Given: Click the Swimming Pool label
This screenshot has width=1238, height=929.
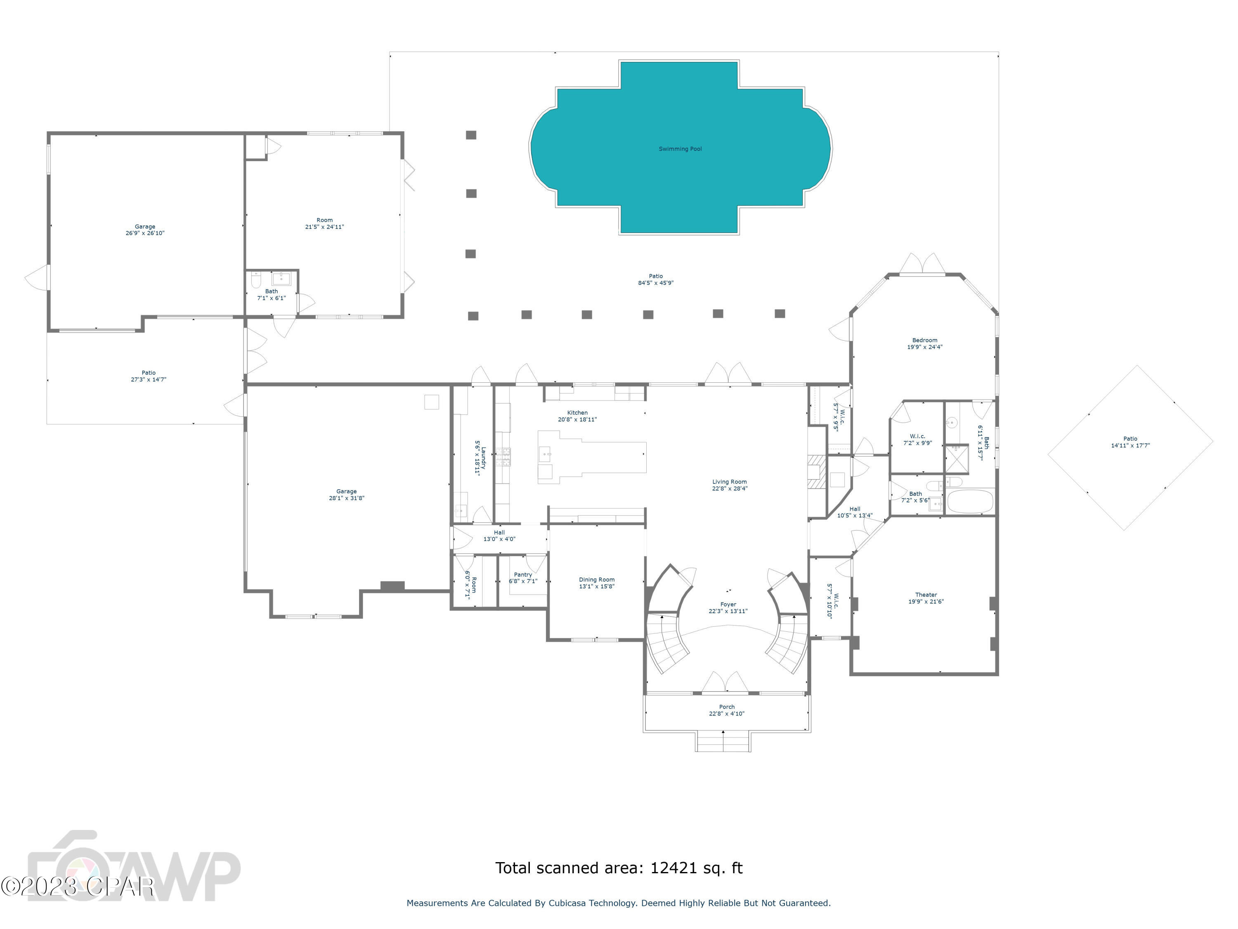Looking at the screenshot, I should pos(680,149).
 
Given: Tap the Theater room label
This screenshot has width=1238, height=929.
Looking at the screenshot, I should pos(926,595).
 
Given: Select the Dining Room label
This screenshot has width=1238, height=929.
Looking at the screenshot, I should pos(597,580).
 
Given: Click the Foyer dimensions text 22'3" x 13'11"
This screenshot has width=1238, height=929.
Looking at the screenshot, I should pos(728,611).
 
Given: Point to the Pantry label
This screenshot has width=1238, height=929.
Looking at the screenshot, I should pos(523,575).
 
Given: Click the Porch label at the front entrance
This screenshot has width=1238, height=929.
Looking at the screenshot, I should pos(726,707).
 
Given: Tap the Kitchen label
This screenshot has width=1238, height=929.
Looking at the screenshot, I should pos(577,413).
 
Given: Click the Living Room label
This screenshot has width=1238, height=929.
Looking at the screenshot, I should pos(729,481).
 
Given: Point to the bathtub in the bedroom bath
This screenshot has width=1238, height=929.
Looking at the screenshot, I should pos(970,502).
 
